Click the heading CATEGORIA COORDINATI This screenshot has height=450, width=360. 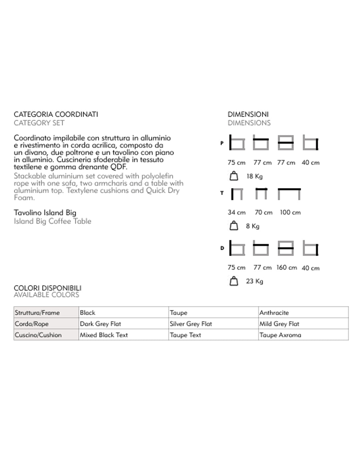pyautogui.click(x=56, y=114)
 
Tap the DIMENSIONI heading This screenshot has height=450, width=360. pyautogui.click(x=248, y=114)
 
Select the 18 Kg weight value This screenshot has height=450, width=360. pyautogui.click(x=254, y=176)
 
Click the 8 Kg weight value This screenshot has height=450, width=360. pyautogui.click(x=252, y=226)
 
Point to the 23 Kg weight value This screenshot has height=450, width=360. pyautogui.click(x=254, y=281)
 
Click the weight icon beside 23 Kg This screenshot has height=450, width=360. pyautogui.click(x=234, y=281)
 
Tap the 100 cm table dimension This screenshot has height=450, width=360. pyautogui.click(x=290, y=212)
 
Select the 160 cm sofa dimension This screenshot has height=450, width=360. pyautogui.click(x=286, y=268)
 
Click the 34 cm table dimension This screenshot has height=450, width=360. pyautogui.click(x=236, y=212)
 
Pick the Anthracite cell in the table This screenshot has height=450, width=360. pyautogui.click(x=274, y=313)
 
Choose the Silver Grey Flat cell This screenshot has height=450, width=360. pyautogui.click(x=191, y=324)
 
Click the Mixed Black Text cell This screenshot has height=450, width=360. pyautogui.click(x=104, y=335)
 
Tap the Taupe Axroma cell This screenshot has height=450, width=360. pyautogui.click(x=280, y=335)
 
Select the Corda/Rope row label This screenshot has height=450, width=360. pyautogui.click(x=32, y=324)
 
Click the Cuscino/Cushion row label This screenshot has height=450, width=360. pyautogui.click(x=38, y=335)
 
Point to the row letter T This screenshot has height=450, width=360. pyautogui.click(x=222, y=193)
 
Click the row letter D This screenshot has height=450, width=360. pyautogui.click(x=222, y=248)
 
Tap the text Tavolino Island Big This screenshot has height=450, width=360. pyautogui.click(x=45, y=213)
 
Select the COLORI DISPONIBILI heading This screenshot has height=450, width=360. pyautogui.click(x=47, y=288)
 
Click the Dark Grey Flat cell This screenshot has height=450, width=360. pyautogui.click(x=100, y=324)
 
